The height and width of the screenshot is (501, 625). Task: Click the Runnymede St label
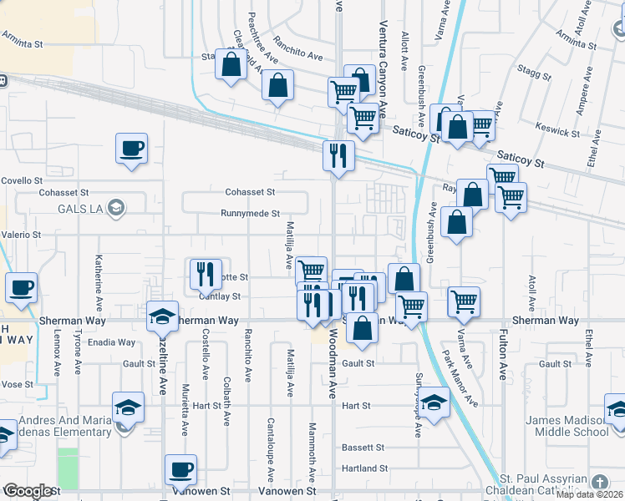(x=250, y=214)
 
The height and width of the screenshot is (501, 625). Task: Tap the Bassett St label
(x=362, y=448)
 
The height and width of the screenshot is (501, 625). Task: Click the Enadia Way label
(x=114, y=342)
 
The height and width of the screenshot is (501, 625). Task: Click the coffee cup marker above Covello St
(x=132, y=149)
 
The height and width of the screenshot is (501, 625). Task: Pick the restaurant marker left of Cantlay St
(x=204, y=273)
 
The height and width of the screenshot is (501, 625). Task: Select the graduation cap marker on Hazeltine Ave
(x=162, y=316)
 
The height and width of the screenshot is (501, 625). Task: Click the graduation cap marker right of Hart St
(x=434, y=403)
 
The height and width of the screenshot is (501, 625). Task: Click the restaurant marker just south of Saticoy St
(x=338, y=156)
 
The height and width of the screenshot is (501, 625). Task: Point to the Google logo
(x=28, y=491)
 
